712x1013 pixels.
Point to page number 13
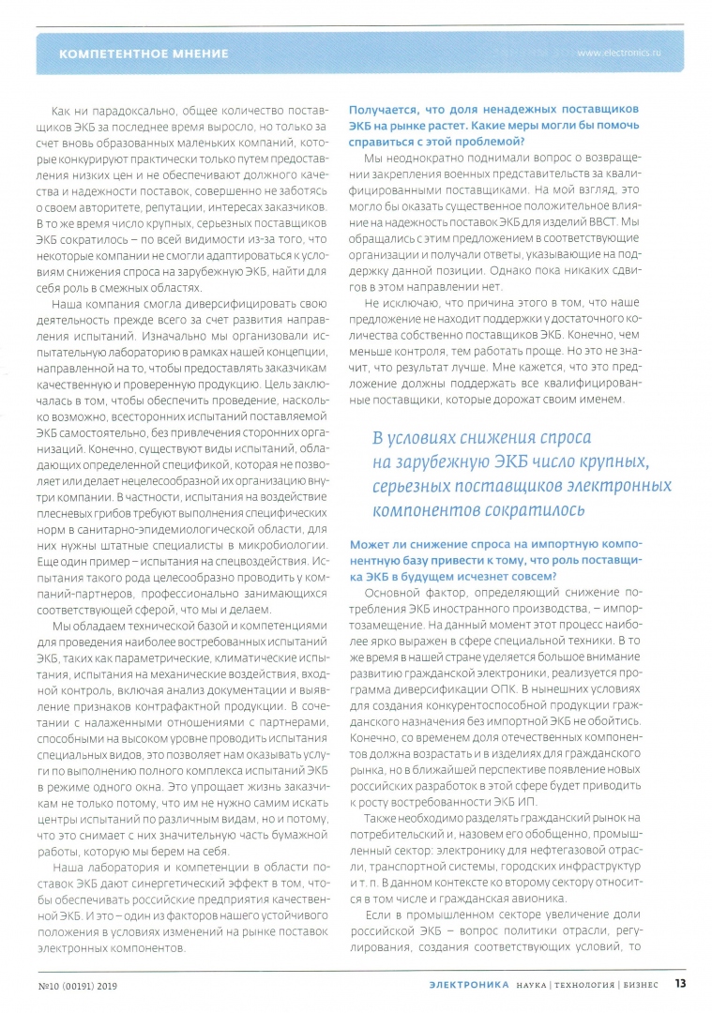[x=680, y=985]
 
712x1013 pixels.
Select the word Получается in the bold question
[x=386, y=109]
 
